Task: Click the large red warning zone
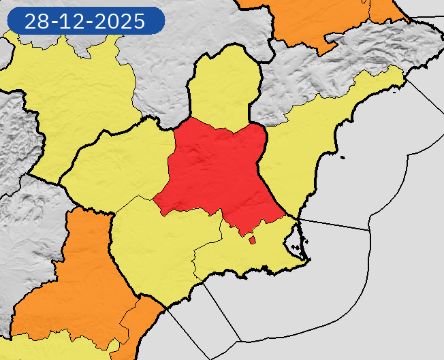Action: pyautogui.click(x=218, y=170)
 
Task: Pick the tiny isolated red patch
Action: pyautogui.click(x=252, y=239)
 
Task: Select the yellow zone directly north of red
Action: pyautogui.click(x=224, y=88)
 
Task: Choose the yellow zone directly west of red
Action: pyautogui.click(x=119, y=163)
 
